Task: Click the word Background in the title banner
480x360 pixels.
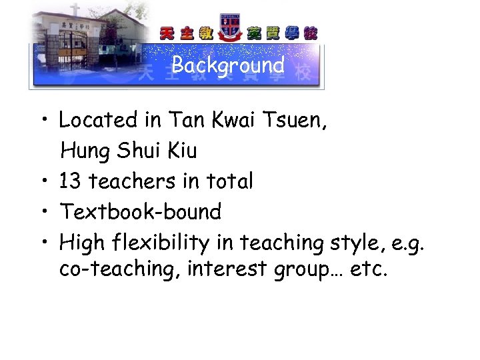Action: [x=228, y=65]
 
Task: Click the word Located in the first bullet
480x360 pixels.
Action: [x=97, y=120]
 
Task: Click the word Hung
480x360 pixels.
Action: [x=86, y=151]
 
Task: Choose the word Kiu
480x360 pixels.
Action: [x=181, y=151]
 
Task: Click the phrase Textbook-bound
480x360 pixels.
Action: [x=141, y=212]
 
